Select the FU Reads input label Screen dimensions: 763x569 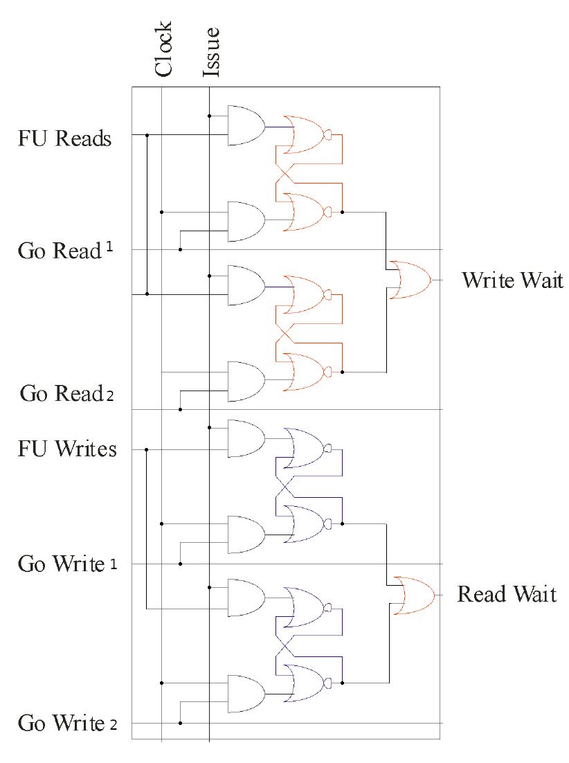pyautogui.click(x=64, y=138)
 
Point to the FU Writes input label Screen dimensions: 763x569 pyautogui.click(x=67, y=449)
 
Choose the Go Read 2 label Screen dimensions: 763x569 pyautogui.click(x=66, y=395)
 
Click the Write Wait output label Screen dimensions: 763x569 pyautogui.click(x=512, y=281)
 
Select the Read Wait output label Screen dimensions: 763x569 pyautogui.click(x=507, y=595)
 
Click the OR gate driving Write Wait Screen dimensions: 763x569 pyautogui.click(x=409, y=280)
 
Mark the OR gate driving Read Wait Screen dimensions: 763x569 pyautogui.click(x=413, y=595)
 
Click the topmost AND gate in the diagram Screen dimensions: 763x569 pyautogui.click(x=246, y=125)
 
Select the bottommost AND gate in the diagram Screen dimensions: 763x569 pyautogui.click(x=246, y=694)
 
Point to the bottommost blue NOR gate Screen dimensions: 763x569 pyautogui.click(x=305, y=683)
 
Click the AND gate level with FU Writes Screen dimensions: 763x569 pyautogui.click(x=246, y=438)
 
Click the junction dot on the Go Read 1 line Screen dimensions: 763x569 pyautogui.click(x=180, y=249)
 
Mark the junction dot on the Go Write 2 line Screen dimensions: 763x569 pyautogui.click(x=180, y=723)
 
